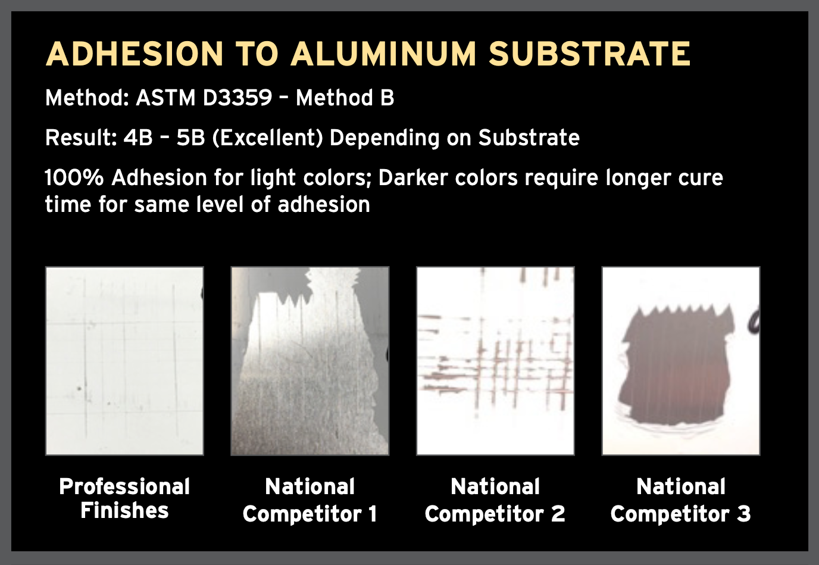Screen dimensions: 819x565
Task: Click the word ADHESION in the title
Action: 134,54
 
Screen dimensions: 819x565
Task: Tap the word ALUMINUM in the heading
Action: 383,54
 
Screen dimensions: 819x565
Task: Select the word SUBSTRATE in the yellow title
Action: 589,54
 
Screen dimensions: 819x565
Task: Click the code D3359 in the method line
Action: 237,98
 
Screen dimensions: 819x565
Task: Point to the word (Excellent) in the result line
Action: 267,138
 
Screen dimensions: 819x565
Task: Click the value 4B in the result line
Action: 138,138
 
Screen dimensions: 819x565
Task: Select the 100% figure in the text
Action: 74,178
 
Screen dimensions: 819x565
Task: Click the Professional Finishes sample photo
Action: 124,361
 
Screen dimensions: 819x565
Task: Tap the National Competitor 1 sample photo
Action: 310,361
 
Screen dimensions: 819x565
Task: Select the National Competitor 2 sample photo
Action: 495,361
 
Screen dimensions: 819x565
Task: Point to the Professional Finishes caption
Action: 124,498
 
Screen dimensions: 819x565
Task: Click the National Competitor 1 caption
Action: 310,500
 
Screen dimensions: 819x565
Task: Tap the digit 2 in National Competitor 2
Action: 558,514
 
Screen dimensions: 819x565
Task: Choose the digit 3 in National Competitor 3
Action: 743,514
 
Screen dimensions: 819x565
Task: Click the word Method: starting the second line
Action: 87,98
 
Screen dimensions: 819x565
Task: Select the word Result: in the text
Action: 81,138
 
